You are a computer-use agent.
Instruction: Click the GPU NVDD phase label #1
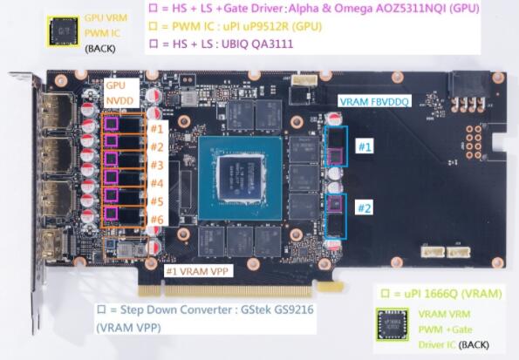tap(157, 128)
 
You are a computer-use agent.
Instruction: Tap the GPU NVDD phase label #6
tap(157, 220)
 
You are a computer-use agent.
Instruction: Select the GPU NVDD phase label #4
tap(157, 183)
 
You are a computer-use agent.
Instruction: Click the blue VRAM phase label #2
tap(365, 208)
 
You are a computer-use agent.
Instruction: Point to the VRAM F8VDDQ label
tap(374, 102)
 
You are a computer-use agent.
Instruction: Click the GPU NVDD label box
tap(120, 93)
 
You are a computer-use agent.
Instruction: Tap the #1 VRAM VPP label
tap(197, 271)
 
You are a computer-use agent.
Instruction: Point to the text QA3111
tap(273, 44)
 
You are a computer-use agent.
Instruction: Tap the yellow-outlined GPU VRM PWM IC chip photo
tap(63, 31)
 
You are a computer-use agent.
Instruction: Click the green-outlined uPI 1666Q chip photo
tap(393, 324)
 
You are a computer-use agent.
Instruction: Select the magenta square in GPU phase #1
tap(112, 124)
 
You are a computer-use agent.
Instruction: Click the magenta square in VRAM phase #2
tap(335, 203)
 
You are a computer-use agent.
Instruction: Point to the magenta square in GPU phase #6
tap(112, 214)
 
